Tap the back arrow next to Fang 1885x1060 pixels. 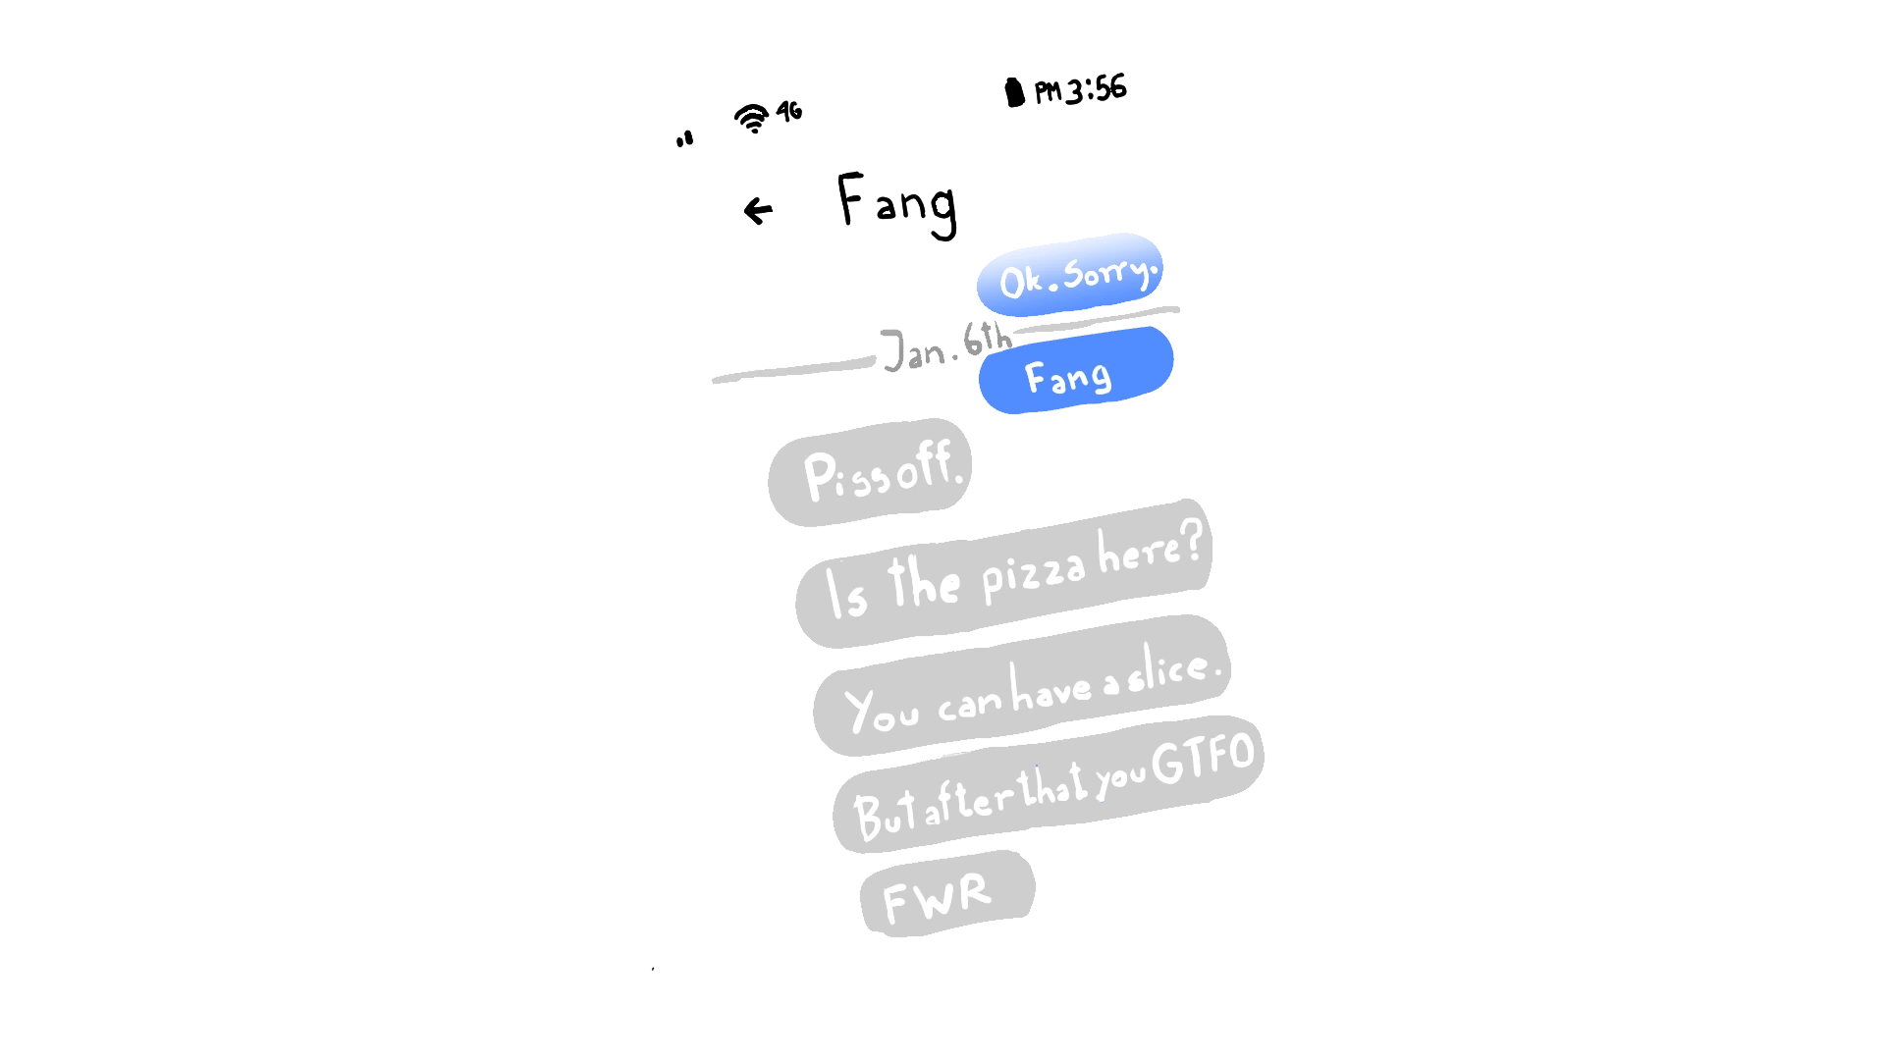[758, 210]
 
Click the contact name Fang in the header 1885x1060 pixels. [896, 203]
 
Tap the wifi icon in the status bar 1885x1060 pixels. [752, 118]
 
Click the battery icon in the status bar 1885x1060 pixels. [1014, 92]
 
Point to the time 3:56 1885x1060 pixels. [1097, 89]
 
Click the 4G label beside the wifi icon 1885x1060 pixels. [789, 111]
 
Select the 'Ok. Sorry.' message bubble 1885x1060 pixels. [1071, 275]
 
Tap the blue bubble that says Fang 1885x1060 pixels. [1075, 371]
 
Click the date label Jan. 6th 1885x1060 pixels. [945, 345]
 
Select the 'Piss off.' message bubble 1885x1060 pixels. [871, 473]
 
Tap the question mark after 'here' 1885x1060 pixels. [1191, 540]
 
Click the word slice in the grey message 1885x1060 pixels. [1167, 671]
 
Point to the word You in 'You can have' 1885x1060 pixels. [881, 710]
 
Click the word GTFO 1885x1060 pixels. [1204, 758]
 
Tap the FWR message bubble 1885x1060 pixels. [946, 894]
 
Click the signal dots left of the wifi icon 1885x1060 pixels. [684, 139]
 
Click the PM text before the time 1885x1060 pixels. [1048, 92]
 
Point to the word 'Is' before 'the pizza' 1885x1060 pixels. [845, 593]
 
